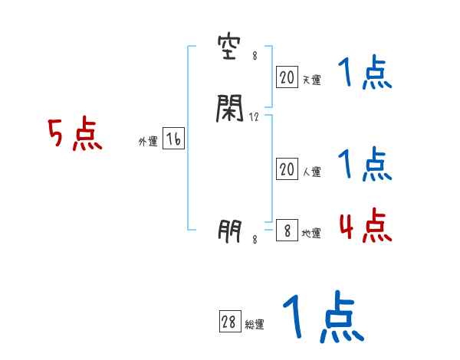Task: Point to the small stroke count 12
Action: [x=255, y=117]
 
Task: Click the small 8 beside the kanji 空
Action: [x=254, y=56]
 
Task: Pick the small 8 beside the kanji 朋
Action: [x=254, y=240]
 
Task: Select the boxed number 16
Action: [x=172, y=139]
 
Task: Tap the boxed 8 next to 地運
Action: [x=287, y=231]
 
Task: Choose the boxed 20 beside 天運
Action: [x=287, y=77]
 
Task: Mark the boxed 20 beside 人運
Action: [x=287, y=169]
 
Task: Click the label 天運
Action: [x=312, y=80]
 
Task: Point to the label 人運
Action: [x=312, y=172]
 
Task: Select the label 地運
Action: [x=312, y=234]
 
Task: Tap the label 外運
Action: [x=148, y=142]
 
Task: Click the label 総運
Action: [x=255, y=326]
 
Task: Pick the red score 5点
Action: [x=74, y=136]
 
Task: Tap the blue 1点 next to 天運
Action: [x=365, y=74]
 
